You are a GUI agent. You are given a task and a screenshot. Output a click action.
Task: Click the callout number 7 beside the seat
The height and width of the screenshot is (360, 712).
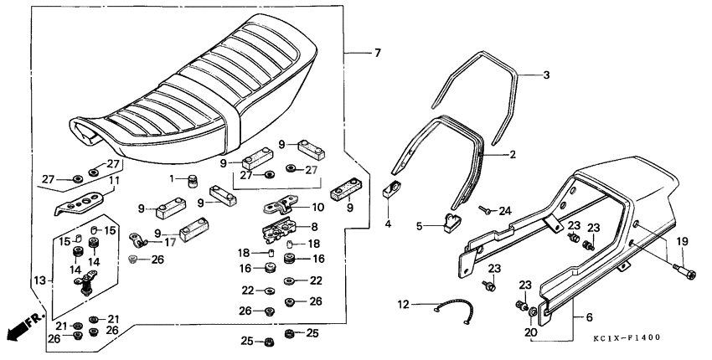click(x=377, y=54)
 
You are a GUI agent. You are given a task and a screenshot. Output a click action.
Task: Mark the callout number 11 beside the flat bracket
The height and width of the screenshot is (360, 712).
click(x=115, y=180)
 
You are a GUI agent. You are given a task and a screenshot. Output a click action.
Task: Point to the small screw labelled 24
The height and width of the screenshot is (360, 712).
click(x=484, y=210)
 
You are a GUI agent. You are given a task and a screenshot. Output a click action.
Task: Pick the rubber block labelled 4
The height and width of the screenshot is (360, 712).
click(x=391, y=189)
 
